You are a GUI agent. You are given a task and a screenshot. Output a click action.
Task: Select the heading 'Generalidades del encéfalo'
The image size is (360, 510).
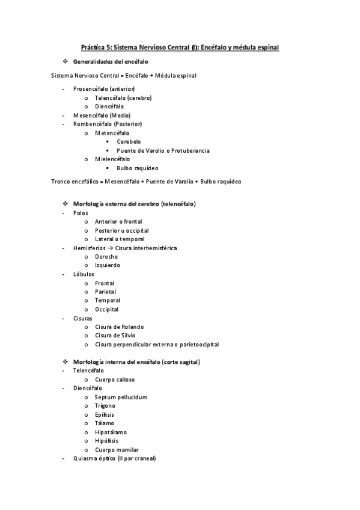tap(111, 62)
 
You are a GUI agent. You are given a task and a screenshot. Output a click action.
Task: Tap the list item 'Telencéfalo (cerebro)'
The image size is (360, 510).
tap(123, 98)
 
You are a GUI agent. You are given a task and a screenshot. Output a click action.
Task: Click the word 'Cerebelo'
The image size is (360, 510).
tap(129, 141)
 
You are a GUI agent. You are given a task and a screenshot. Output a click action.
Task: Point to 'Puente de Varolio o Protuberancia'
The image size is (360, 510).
tap(163, 150)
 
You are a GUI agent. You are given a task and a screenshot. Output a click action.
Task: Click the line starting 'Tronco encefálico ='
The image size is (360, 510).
tap(146, 181)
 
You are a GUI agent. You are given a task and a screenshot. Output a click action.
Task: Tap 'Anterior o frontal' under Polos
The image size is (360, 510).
tap(118, 221)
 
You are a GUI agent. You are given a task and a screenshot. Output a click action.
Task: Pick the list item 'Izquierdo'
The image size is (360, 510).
tap(107, 265)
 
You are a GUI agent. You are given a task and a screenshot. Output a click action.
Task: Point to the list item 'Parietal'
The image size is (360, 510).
tap(105, 292)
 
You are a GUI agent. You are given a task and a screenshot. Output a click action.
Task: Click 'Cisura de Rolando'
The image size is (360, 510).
tap(119, 327)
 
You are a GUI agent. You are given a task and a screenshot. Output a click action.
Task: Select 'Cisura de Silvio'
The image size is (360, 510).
tap(115, 336)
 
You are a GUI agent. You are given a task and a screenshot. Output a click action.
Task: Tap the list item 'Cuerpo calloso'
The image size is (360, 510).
tap(115, 379)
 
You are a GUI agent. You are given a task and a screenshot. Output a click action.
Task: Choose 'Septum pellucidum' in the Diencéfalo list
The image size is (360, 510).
tap(121, 397)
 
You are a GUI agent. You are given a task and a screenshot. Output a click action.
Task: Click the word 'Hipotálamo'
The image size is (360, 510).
tap(111, 432)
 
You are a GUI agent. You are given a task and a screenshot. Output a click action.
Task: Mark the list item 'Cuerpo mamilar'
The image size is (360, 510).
tap(117, 449)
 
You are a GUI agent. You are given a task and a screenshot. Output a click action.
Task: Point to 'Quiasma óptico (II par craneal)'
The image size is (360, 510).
tap(114, 458)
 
